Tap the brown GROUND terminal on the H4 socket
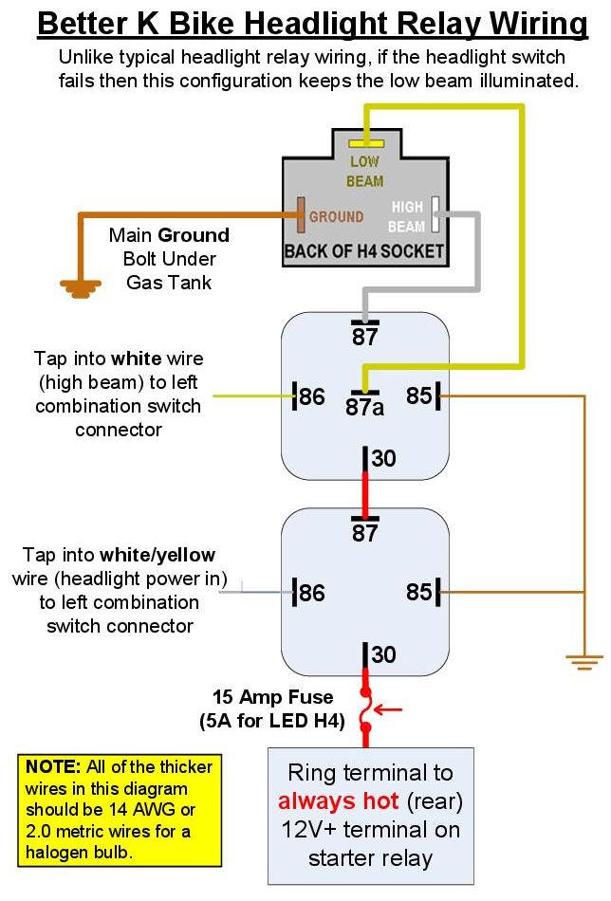(x=300, y=214)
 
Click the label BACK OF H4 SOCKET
(x=365, y=251)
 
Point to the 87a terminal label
(x=365, y=407)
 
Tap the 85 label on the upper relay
(x=418, y=396)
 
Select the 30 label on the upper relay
(x=383, y=459)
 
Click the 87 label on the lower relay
(x=365, y=533)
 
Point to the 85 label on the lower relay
(x=418, y=592)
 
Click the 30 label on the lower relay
(x=383, y=654)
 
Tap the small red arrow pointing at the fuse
(x=389, y=708)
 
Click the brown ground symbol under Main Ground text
(x=81, y=286)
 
